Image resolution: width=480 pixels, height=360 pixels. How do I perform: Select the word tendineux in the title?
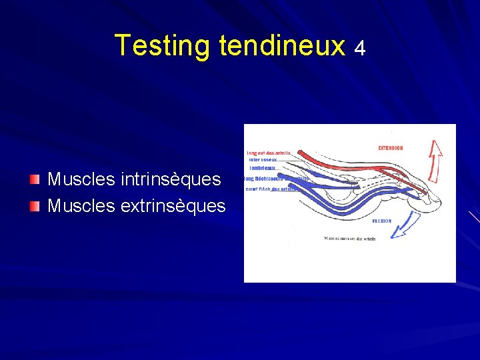(281, 45)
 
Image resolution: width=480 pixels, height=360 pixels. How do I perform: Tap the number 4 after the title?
(360, 48)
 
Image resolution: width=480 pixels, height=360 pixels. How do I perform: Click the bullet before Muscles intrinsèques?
(35, 179)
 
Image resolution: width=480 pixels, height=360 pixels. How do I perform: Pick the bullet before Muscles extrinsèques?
(35, 206)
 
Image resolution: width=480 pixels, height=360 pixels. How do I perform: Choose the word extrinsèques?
(173, 206)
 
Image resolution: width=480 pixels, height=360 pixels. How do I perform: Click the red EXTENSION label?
(391, 148)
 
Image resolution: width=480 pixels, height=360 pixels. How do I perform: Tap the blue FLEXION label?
(382, 221)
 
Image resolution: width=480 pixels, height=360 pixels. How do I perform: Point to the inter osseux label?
(262, 159)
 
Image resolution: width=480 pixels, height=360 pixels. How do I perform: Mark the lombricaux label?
(263, 167)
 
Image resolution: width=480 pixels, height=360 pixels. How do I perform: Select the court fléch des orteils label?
(270, 189)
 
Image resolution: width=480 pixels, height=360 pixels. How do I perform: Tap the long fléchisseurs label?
(273, 178)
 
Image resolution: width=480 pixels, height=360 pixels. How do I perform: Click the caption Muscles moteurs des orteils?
(350, 239)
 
